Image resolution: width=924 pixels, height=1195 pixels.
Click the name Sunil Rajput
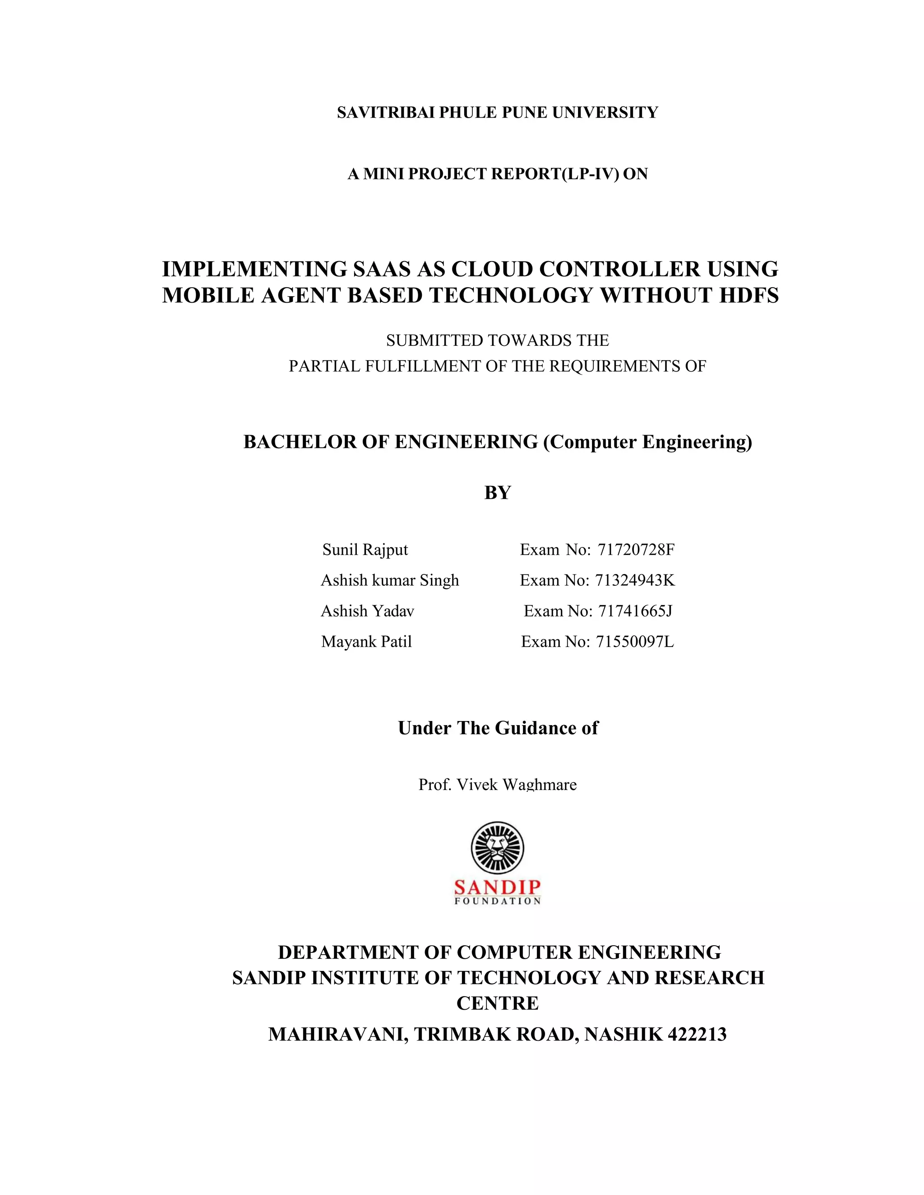[365, 549]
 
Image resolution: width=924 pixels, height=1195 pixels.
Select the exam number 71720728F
[636, 549]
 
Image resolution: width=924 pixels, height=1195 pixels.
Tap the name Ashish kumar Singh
[390, 580]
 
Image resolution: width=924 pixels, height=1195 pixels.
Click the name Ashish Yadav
[367, 611]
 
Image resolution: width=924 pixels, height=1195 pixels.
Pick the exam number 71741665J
[635, 611]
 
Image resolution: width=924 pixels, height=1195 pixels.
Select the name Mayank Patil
[366, 641]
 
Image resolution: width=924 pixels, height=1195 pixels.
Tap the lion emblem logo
[497, 848]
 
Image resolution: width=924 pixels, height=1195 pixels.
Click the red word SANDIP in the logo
[497, 887]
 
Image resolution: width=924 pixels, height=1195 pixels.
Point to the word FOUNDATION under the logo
[497, 901]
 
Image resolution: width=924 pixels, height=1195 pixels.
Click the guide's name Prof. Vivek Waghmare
[497, 785]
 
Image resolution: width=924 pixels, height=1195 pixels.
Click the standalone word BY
[497, 493]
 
